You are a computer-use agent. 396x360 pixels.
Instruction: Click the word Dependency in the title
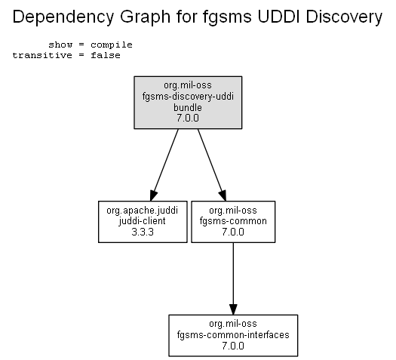coord(63,17)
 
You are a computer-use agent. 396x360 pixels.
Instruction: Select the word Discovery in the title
coord(344,17)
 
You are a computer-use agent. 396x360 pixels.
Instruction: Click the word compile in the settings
coord(112,45)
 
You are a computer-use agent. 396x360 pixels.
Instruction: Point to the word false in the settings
coord(106,55)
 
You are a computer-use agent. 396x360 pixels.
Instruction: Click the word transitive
coord(42,55)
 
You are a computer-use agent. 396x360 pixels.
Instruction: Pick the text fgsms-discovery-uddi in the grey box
coord(188,97)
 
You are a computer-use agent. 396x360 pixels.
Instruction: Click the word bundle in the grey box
coord(188,107)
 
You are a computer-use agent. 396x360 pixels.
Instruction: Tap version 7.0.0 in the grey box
coord(188,118)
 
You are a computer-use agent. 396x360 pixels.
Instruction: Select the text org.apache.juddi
coord(143,211)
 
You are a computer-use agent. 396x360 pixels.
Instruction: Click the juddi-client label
coord(143,221)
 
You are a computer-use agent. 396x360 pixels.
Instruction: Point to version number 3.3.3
coord(143,232)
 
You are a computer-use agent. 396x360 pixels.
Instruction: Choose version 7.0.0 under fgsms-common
coord(233,232)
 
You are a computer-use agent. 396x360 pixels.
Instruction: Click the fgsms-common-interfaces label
coord(233,335)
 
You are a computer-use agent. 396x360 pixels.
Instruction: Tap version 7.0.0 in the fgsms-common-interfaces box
coord(233,346)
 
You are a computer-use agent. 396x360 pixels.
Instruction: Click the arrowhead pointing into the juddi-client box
coord(153,195)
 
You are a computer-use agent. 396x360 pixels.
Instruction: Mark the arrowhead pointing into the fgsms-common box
coord(223,195)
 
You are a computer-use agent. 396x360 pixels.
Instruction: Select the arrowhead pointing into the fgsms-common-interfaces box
coord(233,309)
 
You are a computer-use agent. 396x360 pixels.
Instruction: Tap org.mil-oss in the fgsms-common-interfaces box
coord(233,324)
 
